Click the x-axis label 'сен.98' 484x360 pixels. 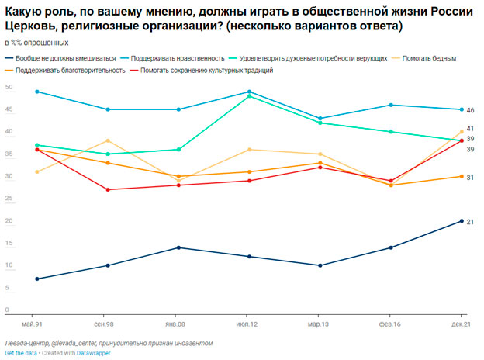[105, 323]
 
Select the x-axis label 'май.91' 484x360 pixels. [33, 323]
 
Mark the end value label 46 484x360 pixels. [470, 110]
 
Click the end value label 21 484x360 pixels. [470, 222]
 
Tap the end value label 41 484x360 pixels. [470, 128]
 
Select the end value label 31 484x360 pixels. [470, 178]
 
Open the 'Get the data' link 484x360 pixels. [21, 353]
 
